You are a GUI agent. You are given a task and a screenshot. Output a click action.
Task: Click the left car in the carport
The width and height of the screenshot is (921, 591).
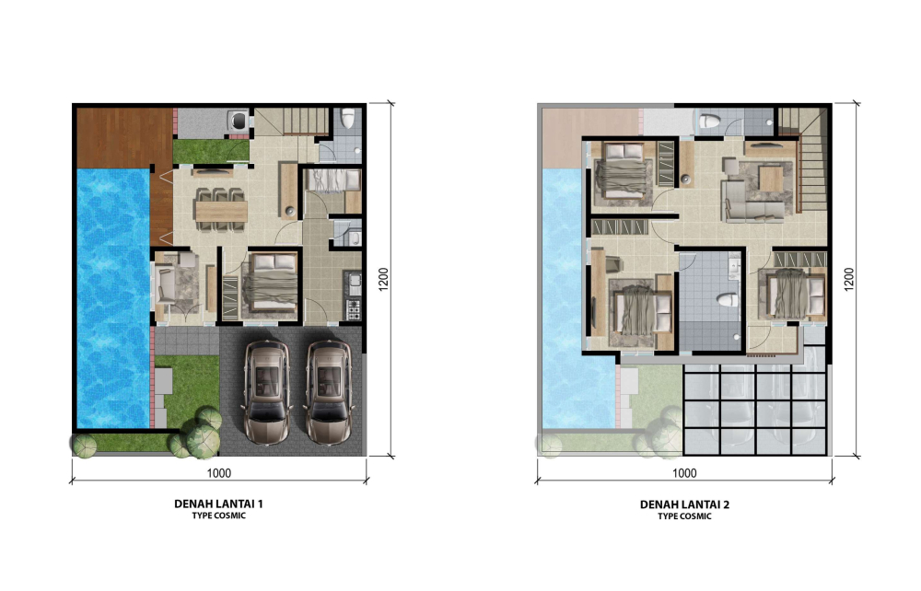pyautogui.click(x=266, y=392)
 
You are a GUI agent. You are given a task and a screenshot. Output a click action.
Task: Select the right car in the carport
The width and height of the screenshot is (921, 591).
pyautogui.click(x=329, y=392)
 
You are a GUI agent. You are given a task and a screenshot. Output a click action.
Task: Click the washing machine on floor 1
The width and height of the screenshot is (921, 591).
pyautogui.click(x=239, y=121)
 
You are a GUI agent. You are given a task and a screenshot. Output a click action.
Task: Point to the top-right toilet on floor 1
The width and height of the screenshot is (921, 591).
pyautogui.click(x=348, y=118)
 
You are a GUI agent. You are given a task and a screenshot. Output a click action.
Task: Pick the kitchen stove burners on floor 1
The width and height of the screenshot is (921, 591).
pyautogui.click(x=353, y=309)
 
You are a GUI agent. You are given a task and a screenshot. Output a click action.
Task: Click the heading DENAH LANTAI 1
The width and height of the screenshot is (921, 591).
pyautogui.click(x=218, y=504)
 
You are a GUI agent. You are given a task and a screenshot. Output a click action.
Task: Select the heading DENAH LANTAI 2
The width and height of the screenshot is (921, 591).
pyautogui.click(x=684, y=504)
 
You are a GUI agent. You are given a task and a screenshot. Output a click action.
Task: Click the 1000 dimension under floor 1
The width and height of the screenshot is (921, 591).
pyautogui.click(x=218, y=473)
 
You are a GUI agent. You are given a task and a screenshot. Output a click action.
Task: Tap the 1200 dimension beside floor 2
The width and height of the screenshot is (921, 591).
pyautogui.click(x=849, y=279)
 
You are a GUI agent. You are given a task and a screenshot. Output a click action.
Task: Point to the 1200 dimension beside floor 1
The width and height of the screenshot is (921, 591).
pyautogui.click(x=383, y=279)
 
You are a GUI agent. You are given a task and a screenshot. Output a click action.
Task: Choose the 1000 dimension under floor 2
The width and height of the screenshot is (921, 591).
pyautogui.click(x=684, y=473)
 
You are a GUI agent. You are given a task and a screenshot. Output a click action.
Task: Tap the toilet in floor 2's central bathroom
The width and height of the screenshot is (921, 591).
pyautogui.click(x=728, y=300)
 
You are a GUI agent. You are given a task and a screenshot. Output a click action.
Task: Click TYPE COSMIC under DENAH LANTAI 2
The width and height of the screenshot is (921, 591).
pyautogui.click(x=684, y=516)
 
